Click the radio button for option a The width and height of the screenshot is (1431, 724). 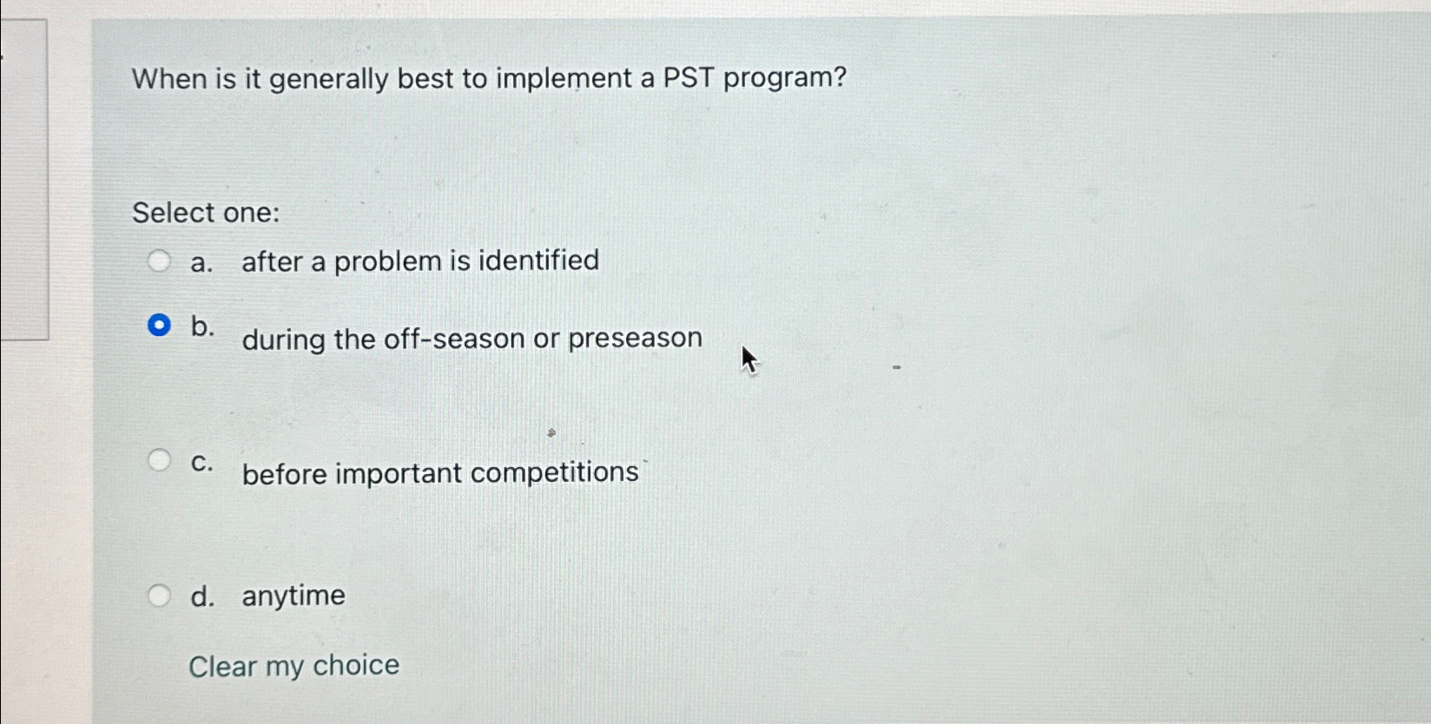pyautogui.click(x=159, y=260)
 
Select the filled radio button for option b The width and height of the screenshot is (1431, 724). pyautogui.click(x=159, y=325)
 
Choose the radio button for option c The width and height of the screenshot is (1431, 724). pyautogui.click(x=159, y=460)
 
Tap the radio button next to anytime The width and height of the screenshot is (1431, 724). pyautogui.click(x=159, y=595)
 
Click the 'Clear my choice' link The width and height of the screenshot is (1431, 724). pyautogui.click(x=293, y=666)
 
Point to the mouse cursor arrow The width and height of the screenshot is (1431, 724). pyautogui.click(x=748, y=360)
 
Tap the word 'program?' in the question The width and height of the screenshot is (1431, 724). pyautogui.click(x=785, y=79)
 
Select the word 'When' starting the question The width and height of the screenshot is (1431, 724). pyautogui.click(x=169, y=79)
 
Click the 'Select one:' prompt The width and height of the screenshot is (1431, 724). pyautogui.click(x=206, y=213)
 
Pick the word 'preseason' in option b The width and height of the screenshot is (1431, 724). pyautogui.click(x=635, y=339)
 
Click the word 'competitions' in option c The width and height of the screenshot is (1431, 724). pyautogui.click(x=555, y=473)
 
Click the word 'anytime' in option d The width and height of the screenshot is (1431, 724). pyautogui.click(x=293, y=596)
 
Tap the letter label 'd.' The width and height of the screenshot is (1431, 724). pyautogui.click(x=201, y=596)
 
